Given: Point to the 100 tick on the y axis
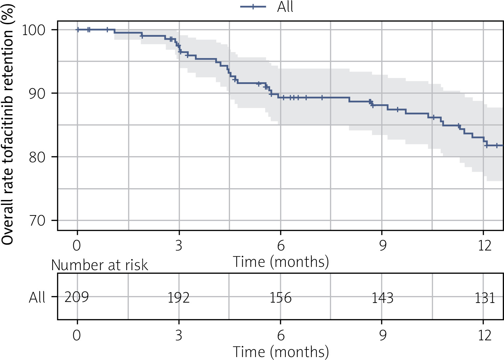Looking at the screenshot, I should click(x=33, y=30).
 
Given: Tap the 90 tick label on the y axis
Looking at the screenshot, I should click(x=37, y=93).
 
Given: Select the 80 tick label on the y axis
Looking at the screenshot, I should click(x=37, y=157).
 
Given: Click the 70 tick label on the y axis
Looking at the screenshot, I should click(x=37, y=221).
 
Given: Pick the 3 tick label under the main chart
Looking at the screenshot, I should click(x=179, y=245).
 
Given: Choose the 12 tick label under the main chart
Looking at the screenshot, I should click(x=484, y=245).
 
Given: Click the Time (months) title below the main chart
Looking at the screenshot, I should click(x=281, y=262).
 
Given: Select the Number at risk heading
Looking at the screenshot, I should click(x=99, y=265).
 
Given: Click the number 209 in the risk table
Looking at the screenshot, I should click(x=76, y=297).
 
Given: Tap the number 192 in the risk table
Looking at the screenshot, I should click(x=178, y=298).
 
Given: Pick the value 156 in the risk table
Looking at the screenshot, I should click(x=281, y=298).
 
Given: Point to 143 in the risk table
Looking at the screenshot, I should click(x=382, y=298).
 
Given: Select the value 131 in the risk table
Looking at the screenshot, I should click(x=484, y=298).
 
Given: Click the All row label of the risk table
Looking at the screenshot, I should click(x=37, y=297).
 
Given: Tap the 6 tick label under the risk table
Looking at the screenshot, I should click(x=281, y=335).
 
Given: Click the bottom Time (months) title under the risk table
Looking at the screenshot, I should click(x=281, y=352).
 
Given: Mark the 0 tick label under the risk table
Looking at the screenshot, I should click(x=77, y=335).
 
